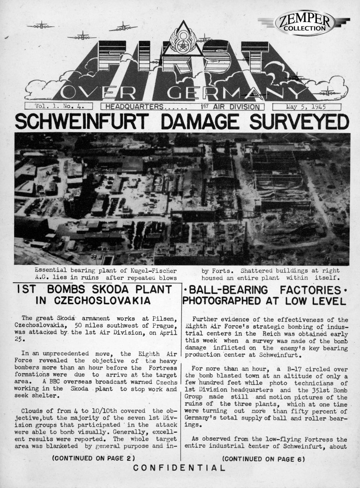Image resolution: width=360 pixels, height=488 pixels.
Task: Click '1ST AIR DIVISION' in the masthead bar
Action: pyautogui.click(x=229, y=107)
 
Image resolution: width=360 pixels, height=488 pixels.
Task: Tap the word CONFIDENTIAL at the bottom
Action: pyautogui.click(x=179, y=468)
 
